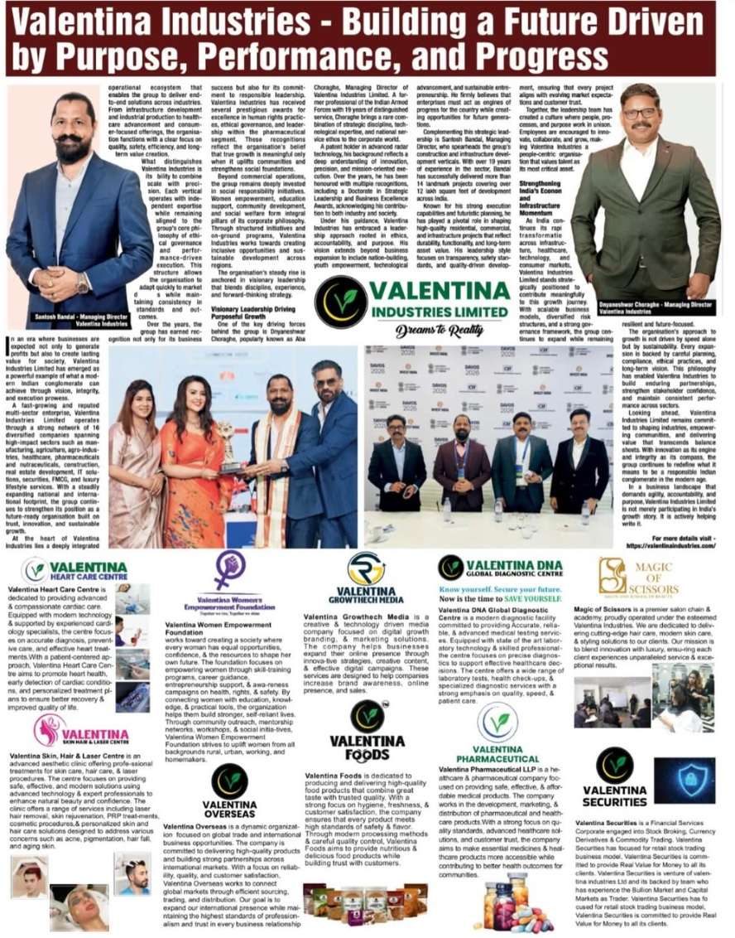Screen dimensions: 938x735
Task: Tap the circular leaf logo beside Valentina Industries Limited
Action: click(339, 302)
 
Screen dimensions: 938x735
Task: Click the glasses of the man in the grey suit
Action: click(639, 114)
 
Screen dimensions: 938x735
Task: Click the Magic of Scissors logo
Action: click(637, 576)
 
